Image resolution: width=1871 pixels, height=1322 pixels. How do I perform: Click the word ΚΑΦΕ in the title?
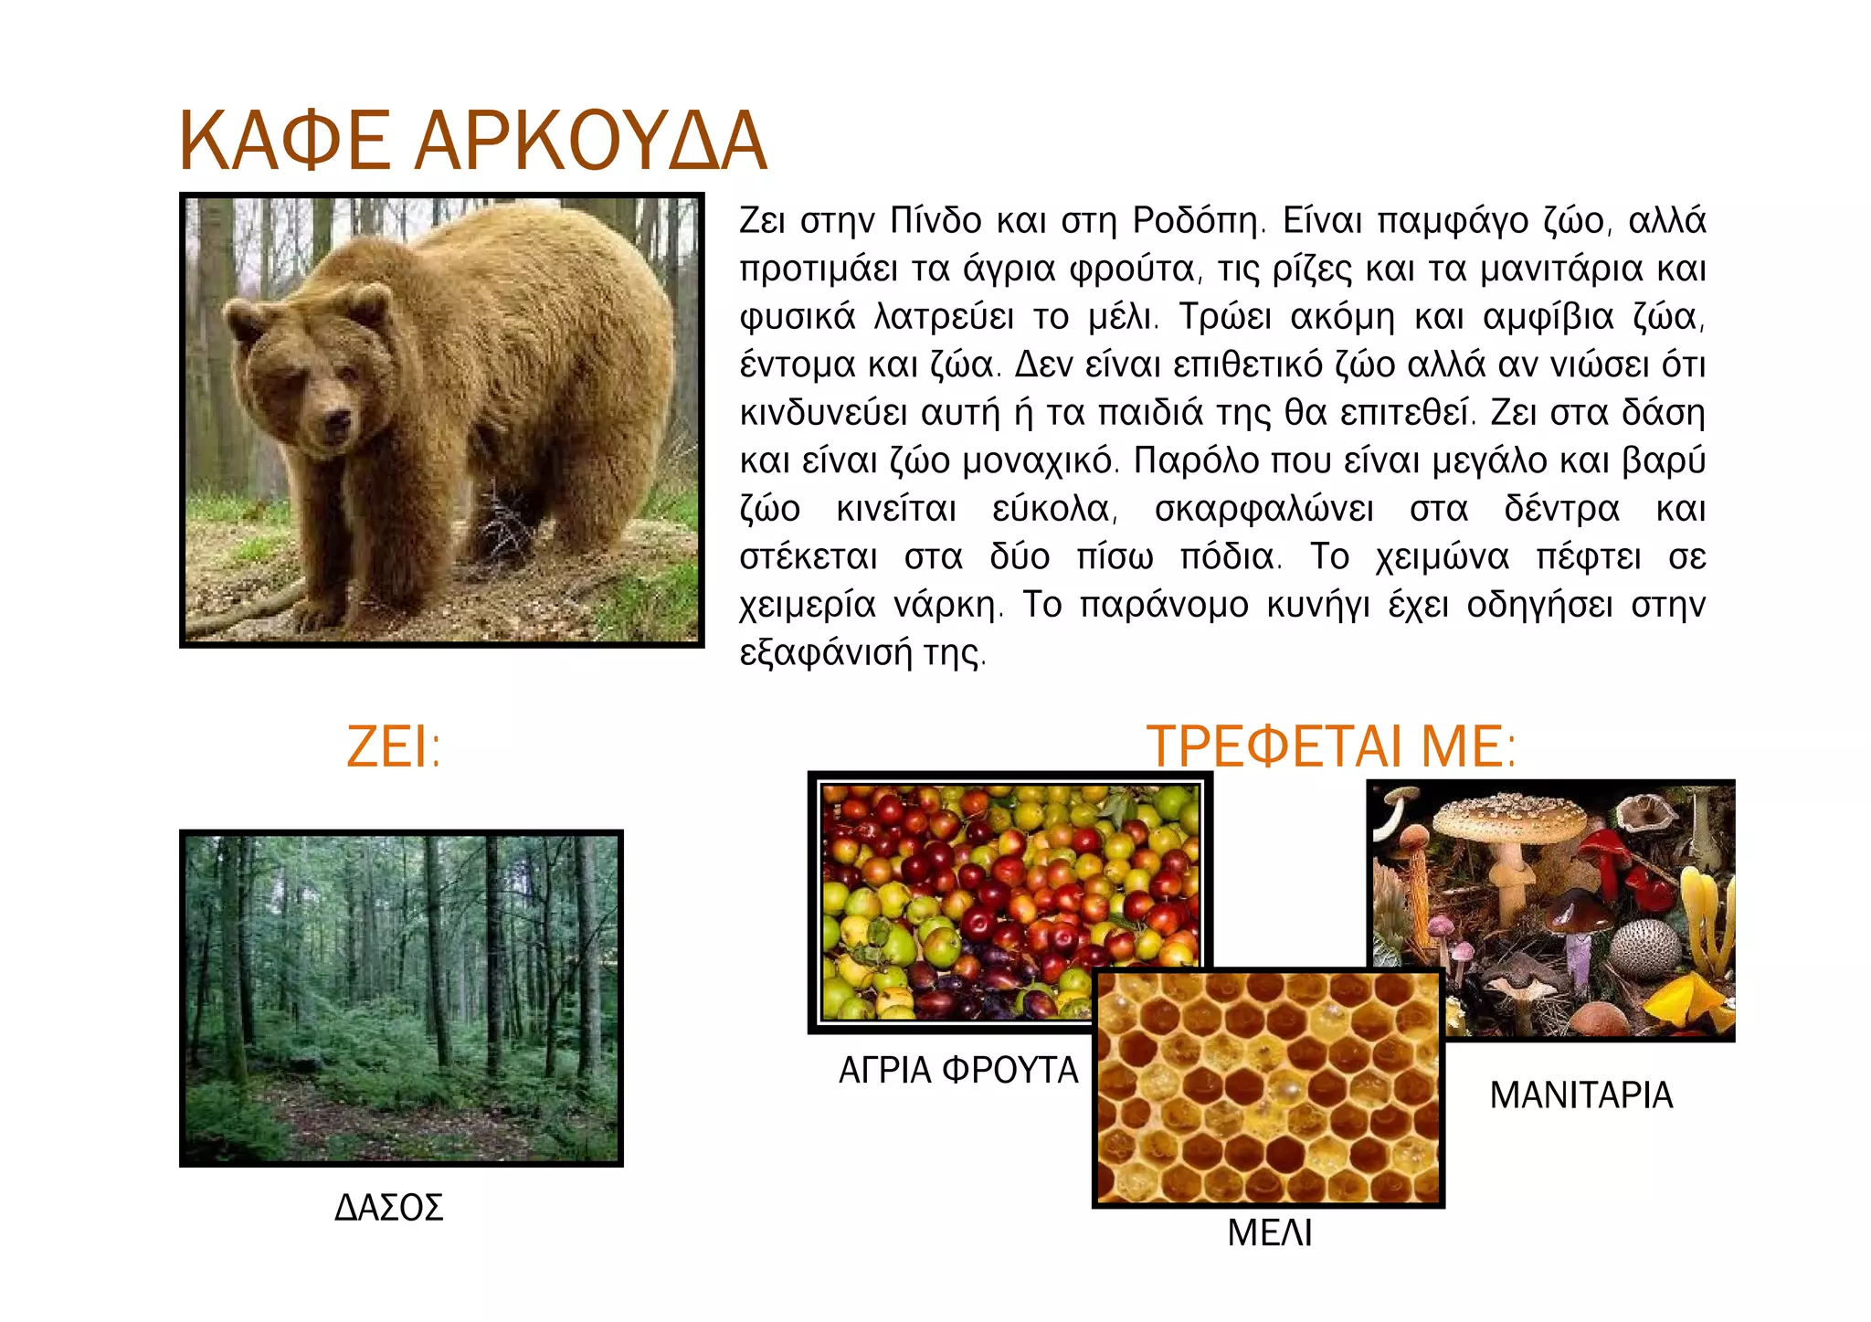pyautogui.click(x=284, y=142)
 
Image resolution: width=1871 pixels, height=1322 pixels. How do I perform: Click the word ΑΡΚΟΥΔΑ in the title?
pyautogui.click(x=590, y=142)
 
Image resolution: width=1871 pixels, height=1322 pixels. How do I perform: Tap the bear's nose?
pyautogui.click(x=336, y=420)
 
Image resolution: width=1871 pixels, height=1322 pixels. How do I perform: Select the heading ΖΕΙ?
pyautogui.click(x=394, y=746)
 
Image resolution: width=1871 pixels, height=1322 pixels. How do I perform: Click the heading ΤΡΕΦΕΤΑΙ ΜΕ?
pyautogui.click(x=1331, y=746)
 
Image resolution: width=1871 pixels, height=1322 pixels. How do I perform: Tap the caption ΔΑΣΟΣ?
pyautogui.click(x=389, y=1208)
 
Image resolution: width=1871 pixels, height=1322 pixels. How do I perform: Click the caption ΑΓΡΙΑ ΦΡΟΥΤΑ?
pyautogui.click(x=958, y=1070)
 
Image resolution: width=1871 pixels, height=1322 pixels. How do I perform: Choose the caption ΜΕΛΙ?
pyautogui.click(x=1269, y=1233)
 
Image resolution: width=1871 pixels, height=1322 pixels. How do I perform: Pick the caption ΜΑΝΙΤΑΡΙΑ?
pyautogui.click(x=1580, y=1095)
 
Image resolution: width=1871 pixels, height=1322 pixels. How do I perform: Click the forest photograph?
pyautogui.click(x=401, y=998)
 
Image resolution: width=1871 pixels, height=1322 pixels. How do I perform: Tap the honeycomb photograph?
pyautogui.click(x=1268, y=1087)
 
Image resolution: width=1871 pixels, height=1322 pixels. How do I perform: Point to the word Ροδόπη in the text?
pyautogui.click(x=1198, y=221)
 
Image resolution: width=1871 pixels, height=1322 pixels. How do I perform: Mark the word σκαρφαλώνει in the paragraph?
pyautogui.click(x=1263, y=509)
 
